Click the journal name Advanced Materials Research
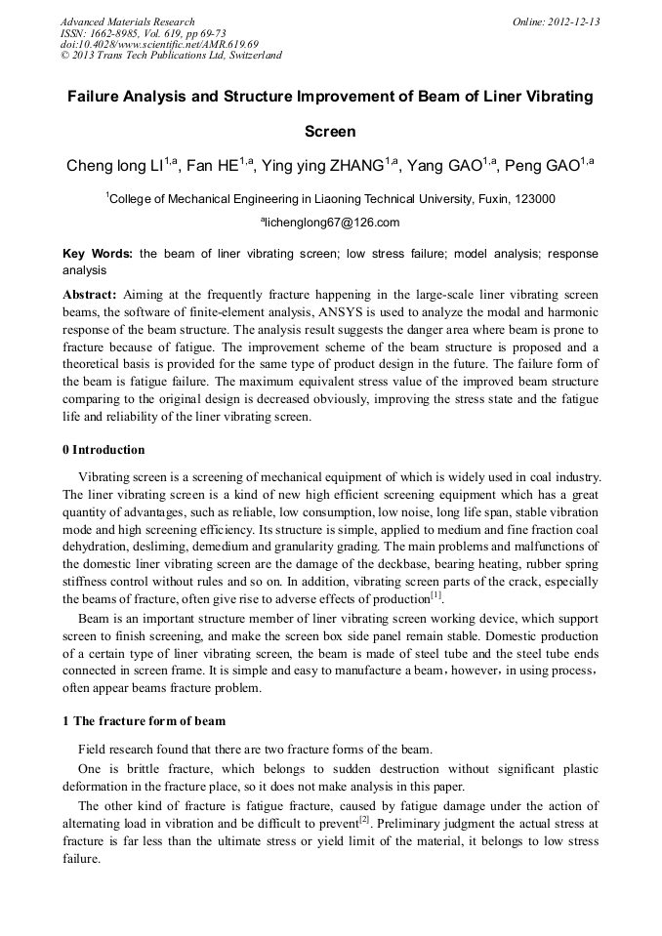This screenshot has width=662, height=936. click(x=127, y=21)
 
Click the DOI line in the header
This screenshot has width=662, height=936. click(x=159, y=44)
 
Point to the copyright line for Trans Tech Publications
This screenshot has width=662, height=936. click(x=171, y=55)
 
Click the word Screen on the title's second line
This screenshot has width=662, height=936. click(x=330, y=131)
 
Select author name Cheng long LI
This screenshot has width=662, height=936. click(x=115, y=166)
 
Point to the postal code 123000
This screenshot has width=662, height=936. click(x=534, y=198)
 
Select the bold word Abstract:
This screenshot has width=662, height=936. click(x=90, y=295)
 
